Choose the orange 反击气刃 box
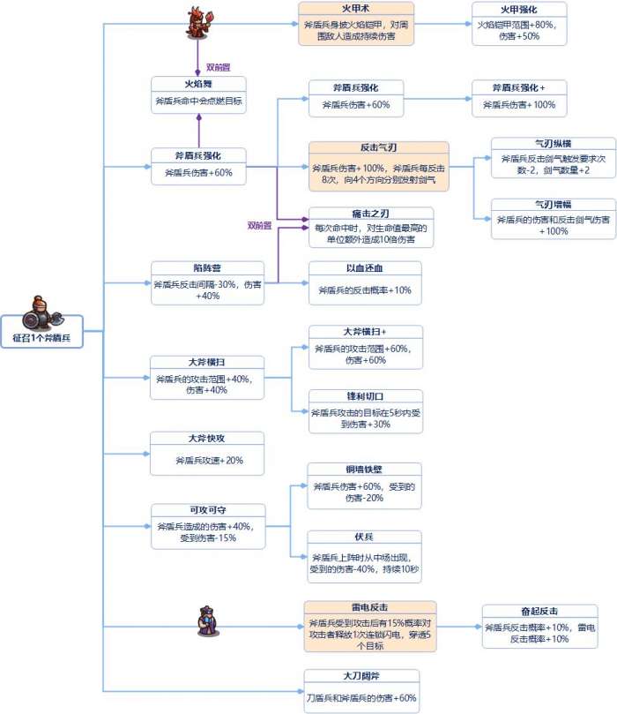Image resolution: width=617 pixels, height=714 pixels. pos(378,166)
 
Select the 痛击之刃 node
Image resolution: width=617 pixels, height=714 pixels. pos(370,226)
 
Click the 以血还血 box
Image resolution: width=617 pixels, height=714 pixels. pos(364,282)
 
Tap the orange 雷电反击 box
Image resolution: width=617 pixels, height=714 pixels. pos(370,626)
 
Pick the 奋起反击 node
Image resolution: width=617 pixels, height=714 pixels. pos(539,626)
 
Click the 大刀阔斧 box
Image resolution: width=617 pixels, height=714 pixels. pos(361,690)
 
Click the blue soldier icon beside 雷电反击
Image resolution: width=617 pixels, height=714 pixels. pos(205,622)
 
